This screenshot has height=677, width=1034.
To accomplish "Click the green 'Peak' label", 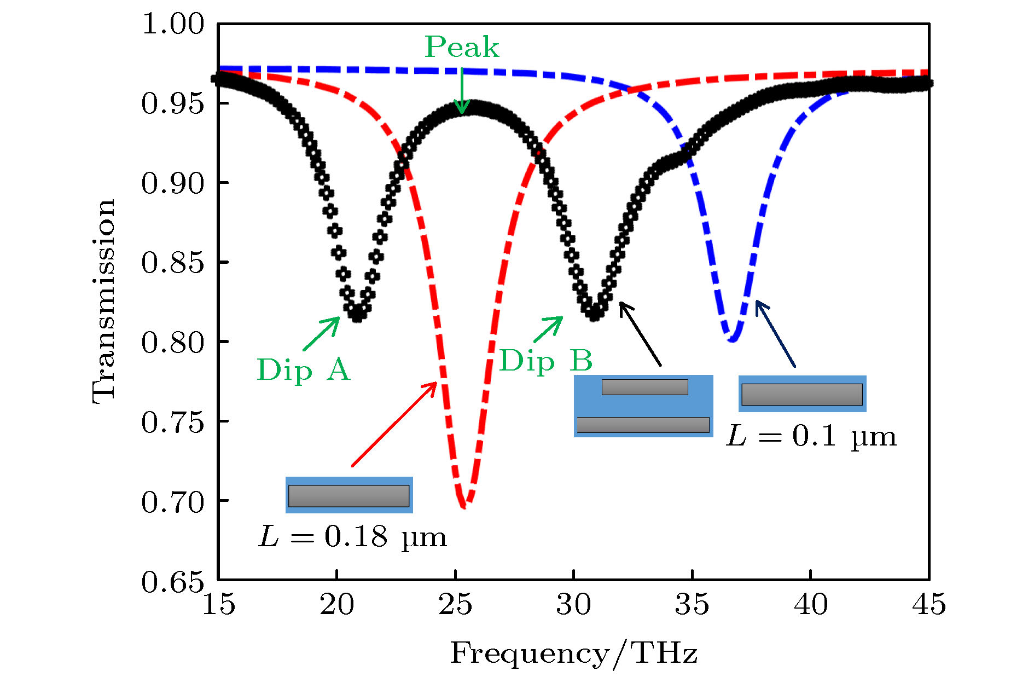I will [x=462, y=47].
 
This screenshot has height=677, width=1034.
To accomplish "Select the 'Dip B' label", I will [x=545, y=361].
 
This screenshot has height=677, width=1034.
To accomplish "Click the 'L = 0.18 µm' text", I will [x=352, y=536].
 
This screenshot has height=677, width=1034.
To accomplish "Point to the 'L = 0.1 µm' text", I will [x=811, y=436].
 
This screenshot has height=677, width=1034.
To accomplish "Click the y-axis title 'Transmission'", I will [x=103, y=302].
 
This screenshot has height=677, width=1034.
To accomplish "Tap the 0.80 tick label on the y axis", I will [x=172, y=343].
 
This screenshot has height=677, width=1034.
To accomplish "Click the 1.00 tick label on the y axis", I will [x=172, y=24].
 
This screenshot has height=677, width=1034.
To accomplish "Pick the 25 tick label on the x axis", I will [x=455, y=604].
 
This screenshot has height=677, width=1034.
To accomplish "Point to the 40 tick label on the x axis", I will [x=810, y=604].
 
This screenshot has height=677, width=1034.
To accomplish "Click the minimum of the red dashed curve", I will [x=464, y=505].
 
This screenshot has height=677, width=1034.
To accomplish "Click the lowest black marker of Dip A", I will [x=357, y=316].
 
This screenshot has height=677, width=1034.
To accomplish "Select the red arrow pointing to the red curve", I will [x=394, y=425].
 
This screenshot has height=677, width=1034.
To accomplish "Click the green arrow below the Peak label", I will [x=462, y=91].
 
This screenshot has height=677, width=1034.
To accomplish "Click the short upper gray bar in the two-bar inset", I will [x=644, y=387].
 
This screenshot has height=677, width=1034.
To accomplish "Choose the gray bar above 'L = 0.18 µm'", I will [x=348, y=496].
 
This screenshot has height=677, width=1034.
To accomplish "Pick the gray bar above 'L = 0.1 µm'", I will [x=801, y=394].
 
